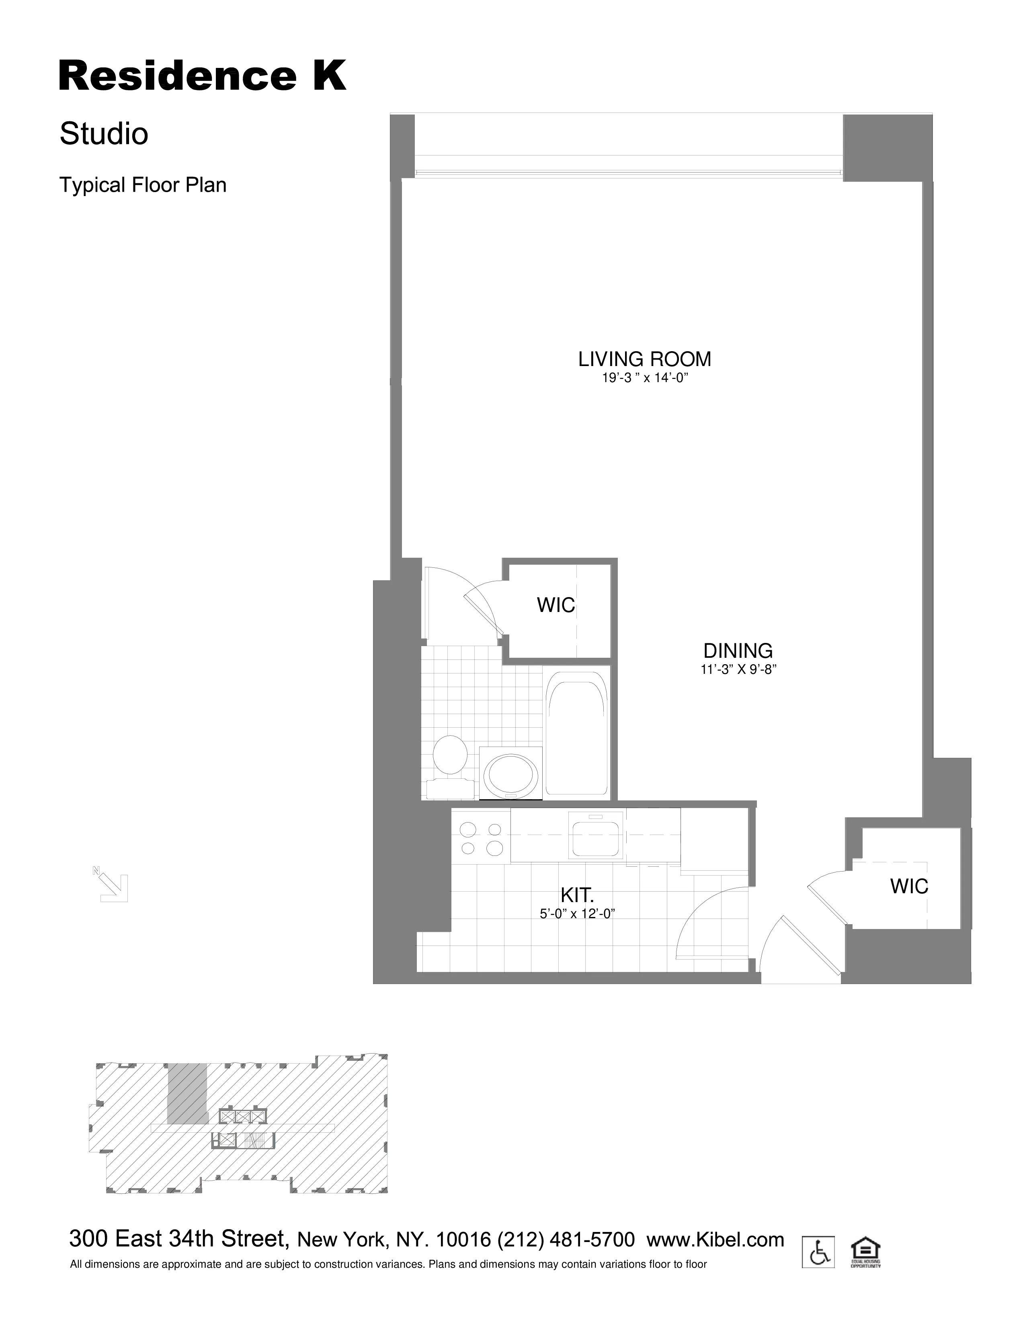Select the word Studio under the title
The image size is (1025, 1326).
coord(104,134)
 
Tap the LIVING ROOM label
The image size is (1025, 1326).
coord(644,360)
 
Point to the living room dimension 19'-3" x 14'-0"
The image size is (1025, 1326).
coord(644,378)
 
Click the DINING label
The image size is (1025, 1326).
coord(738,651)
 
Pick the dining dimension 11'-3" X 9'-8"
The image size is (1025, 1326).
coord(738,670)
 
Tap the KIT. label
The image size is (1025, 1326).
coord(577,895)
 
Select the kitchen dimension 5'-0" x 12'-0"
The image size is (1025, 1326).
coord(577,914)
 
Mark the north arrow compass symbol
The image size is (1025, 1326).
coord(112,886)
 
